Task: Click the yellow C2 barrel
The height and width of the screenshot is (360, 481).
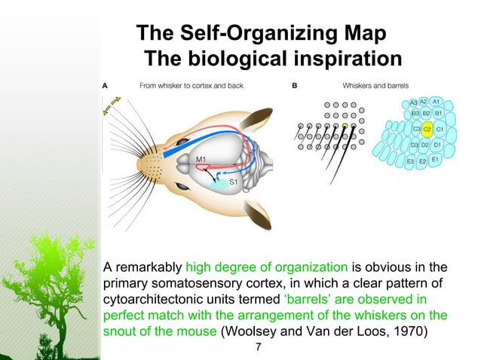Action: point(427,129)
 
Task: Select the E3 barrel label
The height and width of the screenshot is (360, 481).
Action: point(410,161)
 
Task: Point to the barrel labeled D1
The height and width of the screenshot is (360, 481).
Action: point(438,144)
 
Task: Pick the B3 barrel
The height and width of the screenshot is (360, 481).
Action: point(415,113)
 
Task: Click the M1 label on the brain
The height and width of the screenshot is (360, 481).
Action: point(203,159)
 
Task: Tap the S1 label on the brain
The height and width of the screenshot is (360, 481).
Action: point(235,182)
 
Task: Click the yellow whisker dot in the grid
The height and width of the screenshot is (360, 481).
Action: point(345,126)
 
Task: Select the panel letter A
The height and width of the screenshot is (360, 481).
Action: point(105,86)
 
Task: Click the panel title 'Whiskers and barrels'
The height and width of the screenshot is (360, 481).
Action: point(375,86)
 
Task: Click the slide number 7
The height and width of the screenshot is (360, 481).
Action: point(259,347)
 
